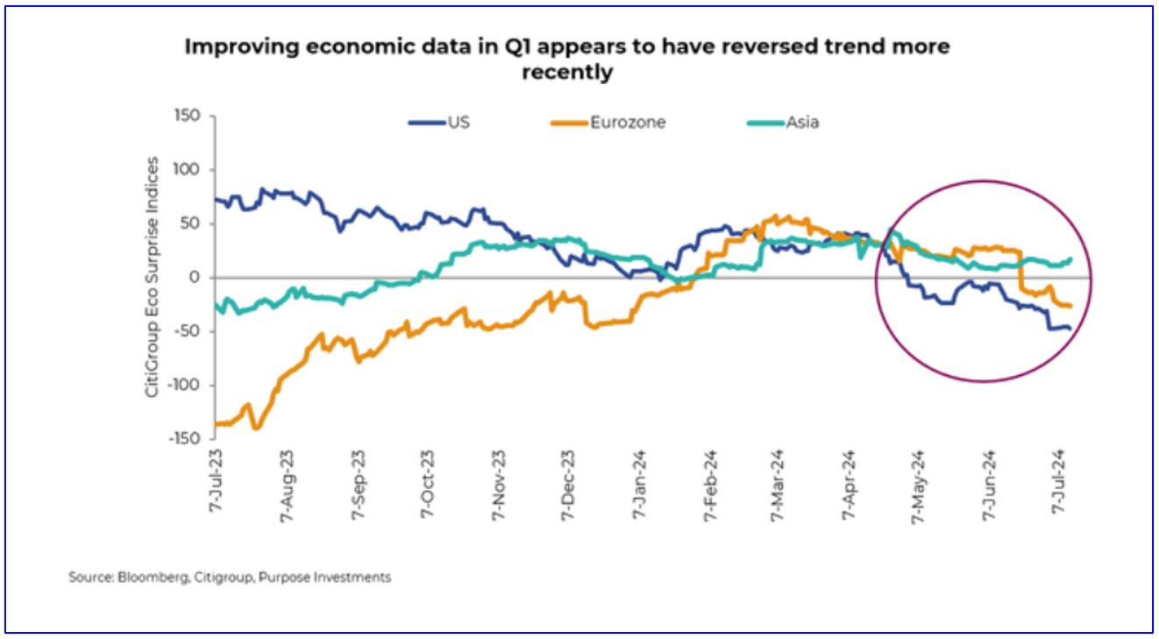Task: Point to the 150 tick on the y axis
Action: pyautogui.click(x=188, y=116)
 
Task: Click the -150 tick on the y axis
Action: pyautogui.click(x=185, y=438)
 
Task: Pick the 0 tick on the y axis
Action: pyautogui.click(x=196, y=277)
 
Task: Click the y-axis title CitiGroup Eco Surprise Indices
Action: pyautogui.click(x=153, y=277)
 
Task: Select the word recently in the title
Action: pyautogui.click(x=566, y=73)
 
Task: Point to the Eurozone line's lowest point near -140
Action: pyautogui.click(x=256, y=428)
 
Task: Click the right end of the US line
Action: pyautogui.click(x=1070, y=329)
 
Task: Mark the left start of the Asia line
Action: pyautogui.click(x=214, y=304)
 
